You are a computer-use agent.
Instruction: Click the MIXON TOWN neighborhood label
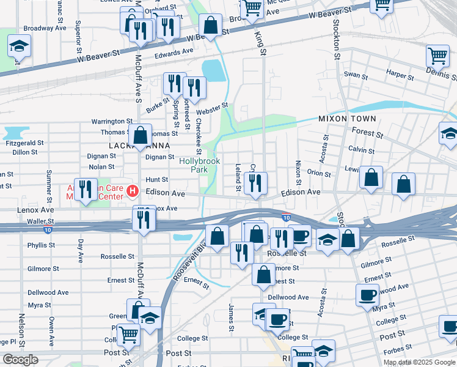point(346,118)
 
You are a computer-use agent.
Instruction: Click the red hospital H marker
point(131,193)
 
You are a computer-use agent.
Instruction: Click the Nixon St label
point(298,172)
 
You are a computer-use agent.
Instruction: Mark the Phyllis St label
point(41,245)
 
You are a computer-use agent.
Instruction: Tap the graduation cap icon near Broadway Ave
point(20,46)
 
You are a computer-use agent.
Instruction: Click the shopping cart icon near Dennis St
point(437,56)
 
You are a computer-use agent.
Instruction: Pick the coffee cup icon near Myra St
point(368,295)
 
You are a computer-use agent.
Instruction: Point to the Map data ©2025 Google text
point(419,362)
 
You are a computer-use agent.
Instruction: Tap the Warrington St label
point(112,122)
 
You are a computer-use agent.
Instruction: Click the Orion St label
point(319,173)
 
